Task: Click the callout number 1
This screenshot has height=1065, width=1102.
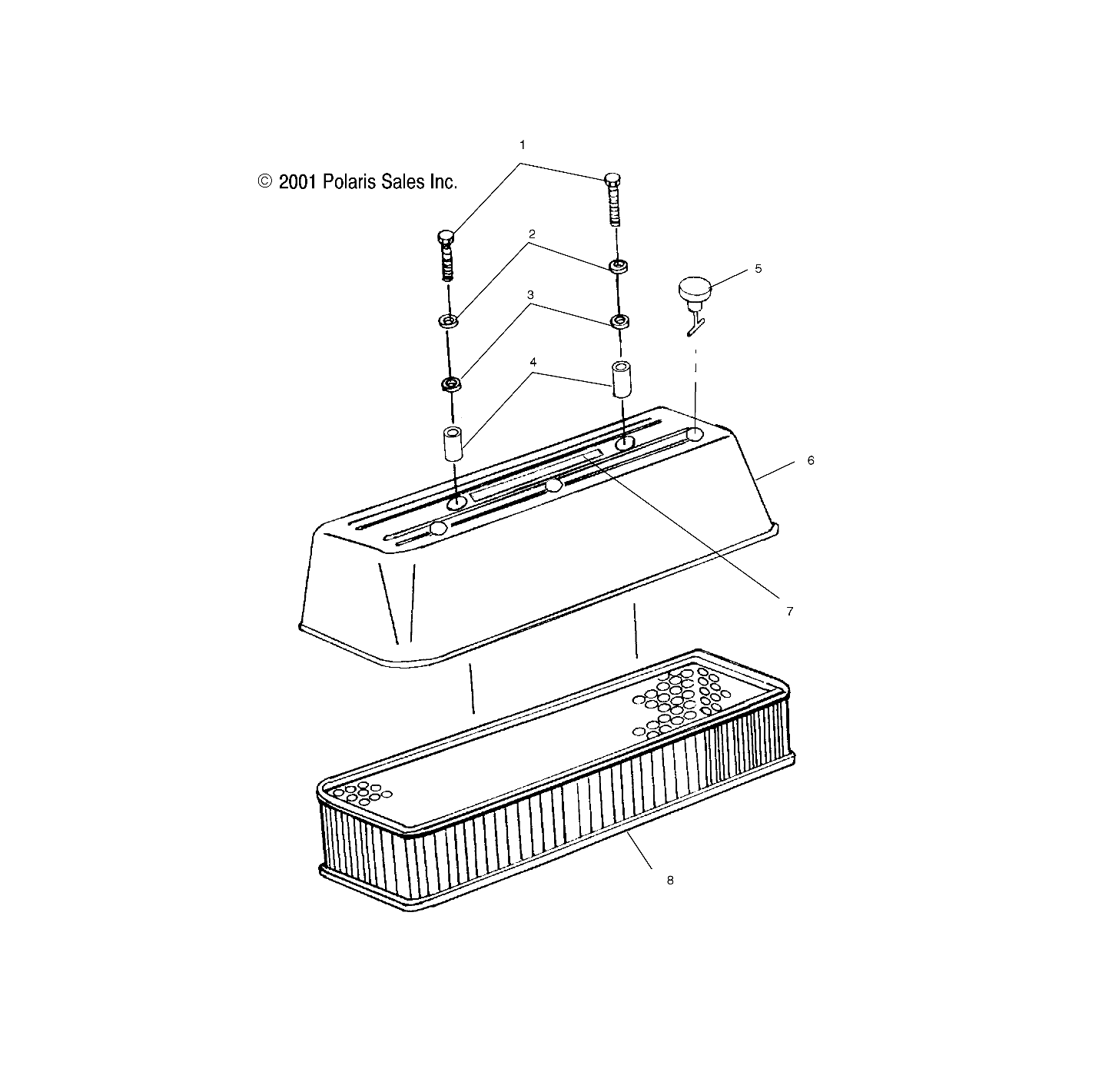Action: click(523, 144)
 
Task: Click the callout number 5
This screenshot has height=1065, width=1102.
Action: click(758, 269)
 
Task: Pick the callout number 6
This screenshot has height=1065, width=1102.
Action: click(810, 460)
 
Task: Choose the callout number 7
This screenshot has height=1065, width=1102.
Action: click(789, 612)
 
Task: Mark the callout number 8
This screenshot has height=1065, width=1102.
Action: click(670, 881)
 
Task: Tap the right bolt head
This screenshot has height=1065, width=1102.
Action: click(612, 180)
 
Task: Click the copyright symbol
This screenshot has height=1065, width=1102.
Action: click(265, 182)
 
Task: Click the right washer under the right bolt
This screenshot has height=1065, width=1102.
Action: click(618, 267)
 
